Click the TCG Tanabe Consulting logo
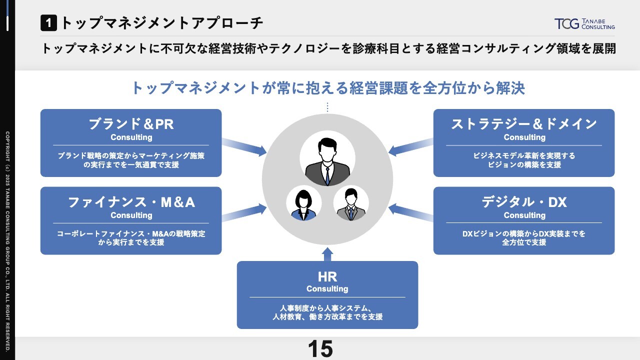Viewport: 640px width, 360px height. pos(584,23)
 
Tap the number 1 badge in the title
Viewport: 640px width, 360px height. pos(48,22)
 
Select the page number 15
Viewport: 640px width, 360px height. pos(320,349)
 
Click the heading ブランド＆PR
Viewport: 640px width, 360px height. pos(131,123)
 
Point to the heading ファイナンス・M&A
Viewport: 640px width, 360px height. pos(131,202)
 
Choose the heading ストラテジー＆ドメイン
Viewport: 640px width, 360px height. pos(524,123)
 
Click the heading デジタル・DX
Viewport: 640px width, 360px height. pos(524,202)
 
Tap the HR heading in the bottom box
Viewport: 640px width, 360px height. pos(327,277)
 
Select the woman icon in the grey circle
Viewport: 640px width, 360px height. pos(303,203)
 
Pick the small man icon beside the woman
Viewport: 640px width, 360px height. pos(351,203)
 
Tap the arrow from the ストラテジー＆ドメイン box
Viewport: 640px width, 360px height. pos(410,145)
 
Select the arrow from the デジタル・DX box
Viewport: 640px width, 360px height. pos(410,213)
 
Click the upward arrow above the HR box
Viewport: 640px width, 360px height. pos(327,254)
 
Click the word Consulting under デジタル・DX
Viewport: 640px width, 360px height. pos(524,215)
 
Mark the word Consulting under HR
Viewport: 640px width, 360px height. pos(327,289)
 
